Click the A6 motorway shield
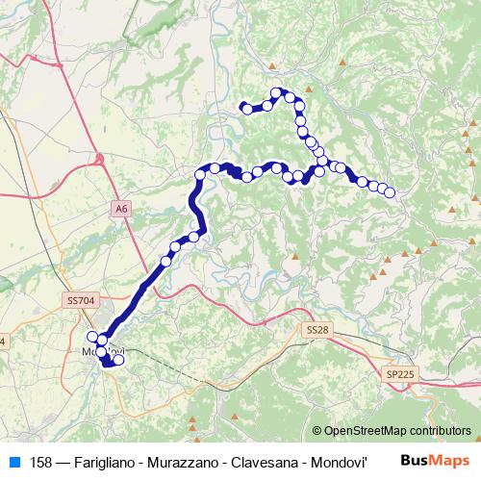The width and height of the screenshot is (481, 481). click(x=120, y=207)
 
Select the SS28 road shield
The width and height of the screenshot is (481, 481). click(x=316, y=329)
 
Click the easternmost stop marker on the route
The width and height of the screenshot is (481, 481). click(x=390, y=192)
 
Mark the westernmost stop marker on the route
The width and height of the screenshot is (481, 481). click(x=93, y=337)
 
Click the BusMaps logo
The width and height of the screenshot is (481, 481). click(x=435, y=460)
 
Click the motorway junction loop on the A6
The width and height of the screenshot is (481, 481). click(x=100, y=158)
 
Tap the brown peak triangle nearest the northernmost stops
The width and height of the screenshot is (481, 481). click(x=273, y=66)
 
